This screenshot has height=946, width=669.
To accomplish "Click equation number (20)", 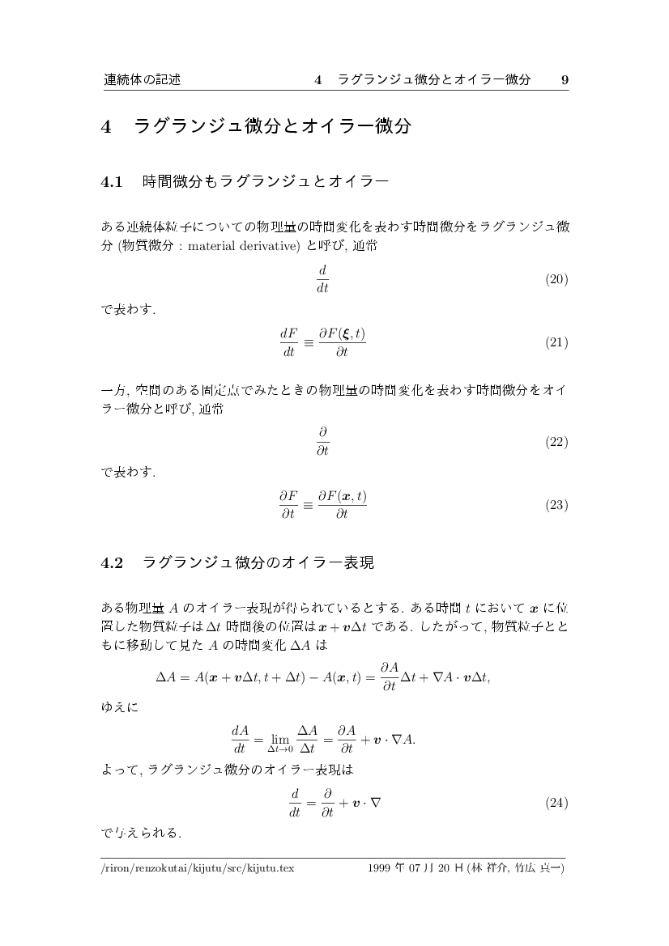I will [x=556, y=279].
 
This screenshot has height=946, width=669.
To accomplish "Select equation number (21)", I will [x=556, y=342].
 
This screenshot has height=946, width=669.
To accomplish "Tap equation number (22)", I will [x=556, y=442].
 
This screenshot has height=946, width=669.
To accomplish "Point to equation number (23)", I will [x=556, y=505].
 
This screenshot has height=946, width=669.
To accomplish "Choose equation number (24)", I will [x=556, y=804].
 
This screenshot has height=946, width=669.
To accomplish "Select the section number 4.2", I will [x=111, y=563].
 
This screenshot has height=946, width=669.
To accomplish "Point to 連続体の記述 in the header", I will [x=142, y=79].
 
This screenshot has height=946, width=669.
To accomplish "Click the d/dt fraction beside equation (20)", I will [x=322, y=279].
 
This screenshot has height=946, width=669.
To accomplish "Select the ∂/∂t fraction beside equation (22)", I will [x=322, y=442].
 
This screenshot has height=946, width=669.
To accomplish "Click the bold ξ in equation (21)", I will [x=347, y=333].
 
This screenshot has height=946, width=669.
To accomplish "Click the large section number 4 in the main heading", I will [x=106, y=126].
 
